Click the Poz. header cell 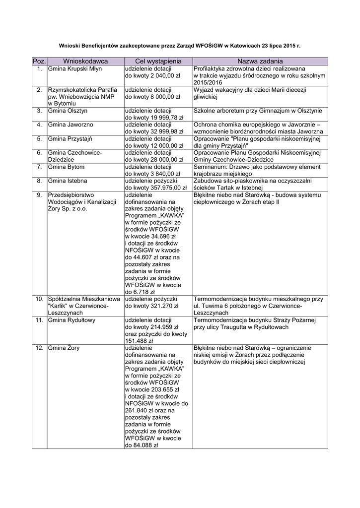click(x=39, y=61)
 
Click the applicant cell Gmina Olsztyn click(x=68, y=111)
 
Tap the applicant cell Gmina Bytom click(x=67, y=167)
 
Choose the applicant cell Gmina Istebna click(x=68, y=182)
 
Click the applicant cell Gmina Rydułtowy click(x=72, y=320)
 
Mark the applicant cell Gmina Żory click(x=64, y=348)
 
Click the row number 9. click(x=39, y=195)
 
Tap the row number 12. click(x=38, y=348)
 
